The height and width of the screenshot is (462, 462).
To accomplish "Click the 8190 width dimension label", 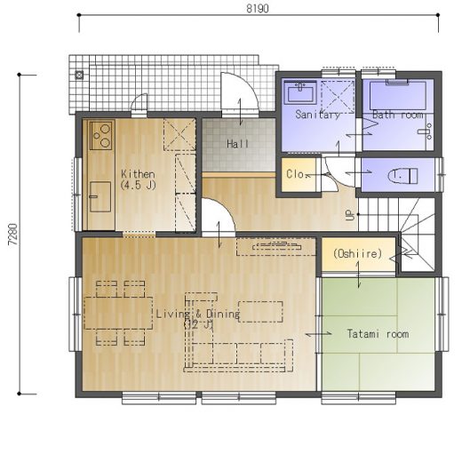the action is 258,9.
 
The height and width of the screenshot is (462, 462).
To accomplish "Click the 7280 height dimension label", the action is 13,234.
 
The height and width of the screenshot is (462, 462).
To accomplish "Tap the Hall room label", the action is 238,144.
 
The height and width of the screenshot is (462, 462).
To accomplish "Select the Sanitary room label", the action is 317,115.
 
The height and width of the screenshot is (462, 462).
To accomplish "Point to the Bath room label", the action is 398,115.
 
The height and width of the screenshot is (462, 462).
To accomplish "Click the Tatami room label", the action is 378,334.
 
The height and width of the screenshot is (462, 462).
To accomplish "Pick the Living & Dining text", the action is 198,314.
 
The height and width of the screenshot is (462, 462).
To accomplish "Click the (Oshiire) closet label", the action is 358,254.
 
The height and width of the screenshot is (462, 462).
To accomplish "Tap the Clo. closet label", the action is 295,174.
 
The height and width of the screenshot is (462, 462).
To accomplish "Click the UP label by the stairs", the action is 350,215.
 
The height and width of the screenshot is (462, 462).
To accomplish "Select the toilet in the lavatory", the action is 402,176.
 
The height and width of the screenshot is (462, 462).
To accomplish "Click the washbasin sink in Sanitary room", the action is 300,92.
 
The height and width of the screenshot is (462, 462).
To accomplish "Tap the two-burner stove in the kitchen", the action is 101,135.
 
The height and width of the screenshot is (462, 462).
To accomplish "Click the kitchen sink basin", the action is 100,196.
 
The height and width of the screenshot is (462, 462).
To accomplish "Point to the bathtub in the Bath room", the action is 398,95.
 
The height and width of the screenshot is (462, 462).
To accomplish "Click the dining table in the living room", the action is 118,313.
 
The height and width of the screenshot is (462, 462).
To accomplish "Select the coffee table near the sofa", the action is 260,312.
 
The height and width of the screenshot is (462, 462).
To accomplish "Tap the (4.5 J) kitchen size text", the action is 138,186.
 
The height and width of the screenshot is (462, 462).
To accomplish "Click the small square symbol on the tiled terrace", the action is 79,75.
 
